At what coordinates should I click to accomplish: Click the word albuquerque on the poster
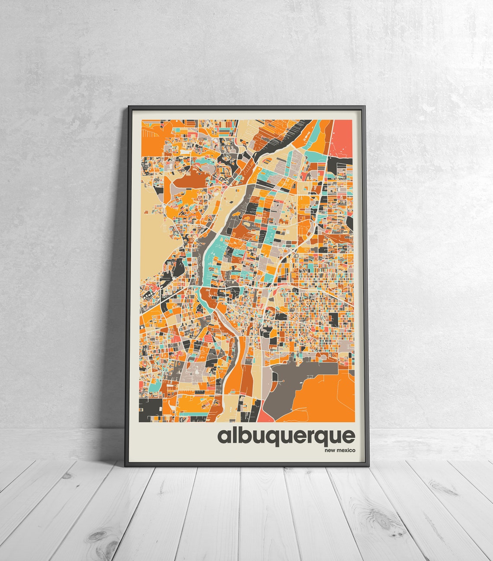286,436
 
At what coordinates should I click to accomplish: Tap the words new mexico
339,451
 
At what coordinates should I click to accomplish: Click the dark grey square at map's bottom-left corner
150,409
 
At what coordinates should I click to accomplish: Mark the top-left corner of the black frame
128,106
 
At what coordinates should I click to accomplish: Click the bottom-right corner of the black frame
369,466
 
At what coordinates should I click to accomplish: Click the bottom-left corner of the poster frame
125,466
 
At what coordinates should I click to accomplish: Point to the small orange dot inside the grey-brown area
282,381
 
